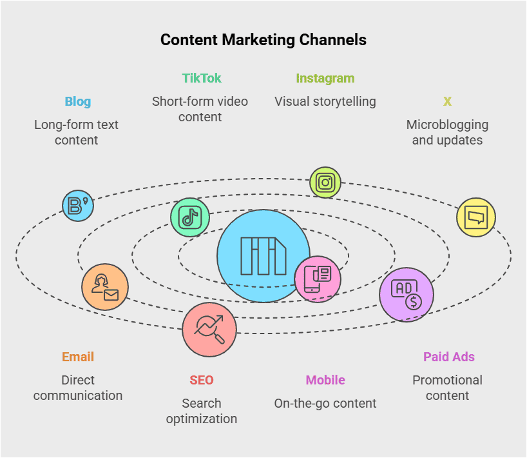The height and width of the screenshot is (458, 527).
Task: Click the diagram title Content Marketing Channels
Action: pos(263,40)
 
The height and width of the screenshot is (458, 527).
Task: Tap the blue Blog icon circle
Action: pos(78,206)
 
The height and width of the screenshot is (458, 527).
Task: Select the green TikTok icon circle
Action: pos(190,217)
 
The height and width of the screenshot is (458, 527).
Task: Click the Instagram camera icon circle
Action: pos(325,183)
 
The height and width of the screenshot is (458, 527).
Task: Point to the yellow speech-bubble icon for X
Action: pos(476,217)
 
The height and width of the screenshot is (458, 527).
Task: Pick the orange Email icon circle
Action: pos(105,287)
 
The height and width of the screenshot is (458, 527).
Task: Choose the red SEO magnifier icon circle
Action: pos(209,330)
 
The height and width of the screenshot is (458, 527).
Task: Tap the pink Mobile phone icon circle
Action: pos(318,279)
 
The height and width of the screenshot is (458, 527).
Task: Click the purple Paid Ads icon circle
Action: pos(407,295)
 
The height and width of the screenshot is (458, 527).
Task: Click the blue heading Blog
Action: pos(77,101)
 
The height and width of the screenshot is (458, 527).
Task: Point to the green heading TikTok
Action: pos(201,78)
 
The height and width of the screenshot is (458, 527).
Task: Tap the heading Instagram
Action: pos(325,78)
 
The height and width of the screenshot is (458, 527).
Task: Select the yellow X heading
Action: pos(447,101)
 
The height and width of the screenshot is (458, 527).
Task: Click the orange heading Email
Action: pos(78,357)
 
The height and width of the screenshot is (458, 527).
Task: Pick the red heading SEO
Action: pos(201,380)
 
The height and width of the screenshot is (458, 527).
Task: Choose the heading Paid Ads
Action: pos(448,357)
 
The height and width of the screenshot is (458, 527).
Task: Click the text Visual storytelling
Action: pos(325,101)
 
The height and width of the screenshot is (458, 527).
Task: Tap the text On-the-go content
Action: pos(325,403)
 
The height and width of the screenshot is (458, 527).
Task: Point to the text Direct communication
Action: pos(78,388)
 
